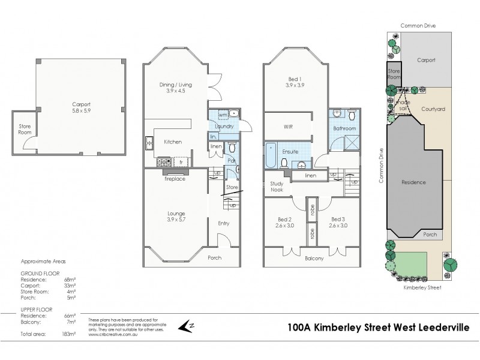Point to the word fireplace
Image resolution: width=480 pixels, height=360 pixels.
(x=175, y=178)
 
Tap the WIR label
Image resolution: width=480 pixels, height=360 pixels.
(x=289, y=127)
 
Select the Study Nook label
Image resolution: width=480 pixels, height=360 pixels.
(x=277, y=187)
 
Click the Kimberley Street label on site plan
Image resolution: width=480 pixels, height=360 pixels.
(x=423, y=288)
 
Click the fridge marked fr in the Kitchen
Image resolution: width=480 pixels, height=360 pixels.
(x=180, y=161)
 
